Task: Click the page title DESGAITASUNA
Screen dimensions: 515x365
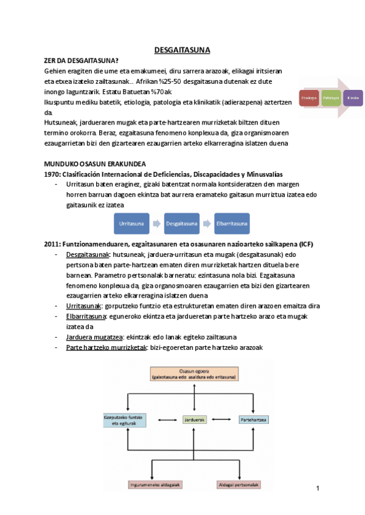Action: click(182, 50)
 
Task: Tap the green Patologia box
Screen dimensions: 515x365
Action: click(331, 98)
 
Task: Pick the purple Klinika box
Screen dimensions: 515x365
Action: click(352, 98)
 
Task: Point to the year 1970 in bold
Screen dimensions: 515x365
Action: click(52, 174)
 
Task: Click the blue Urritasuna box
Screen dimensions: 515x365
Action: click(131, 224)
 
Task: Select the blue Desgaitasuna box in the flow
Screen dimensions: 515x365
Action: click(182, 224)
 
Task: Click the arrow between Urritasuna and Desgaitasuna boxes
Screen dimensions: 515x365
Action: click(156, 224)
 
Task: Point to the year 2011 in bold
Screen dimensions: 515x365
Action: click(52, 244)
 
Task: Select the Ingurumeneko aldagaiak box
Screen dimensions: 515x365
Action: click(156, 485)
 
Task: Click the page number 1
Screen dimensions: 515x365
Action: click(318, 488)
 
